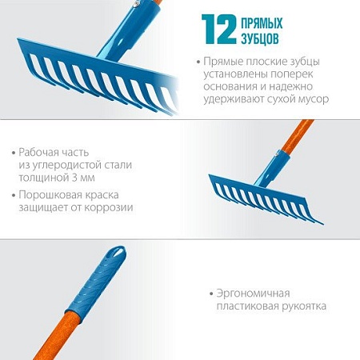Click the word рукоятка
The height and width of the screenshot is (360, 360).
pyautogui.click(x=302, y=306)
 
